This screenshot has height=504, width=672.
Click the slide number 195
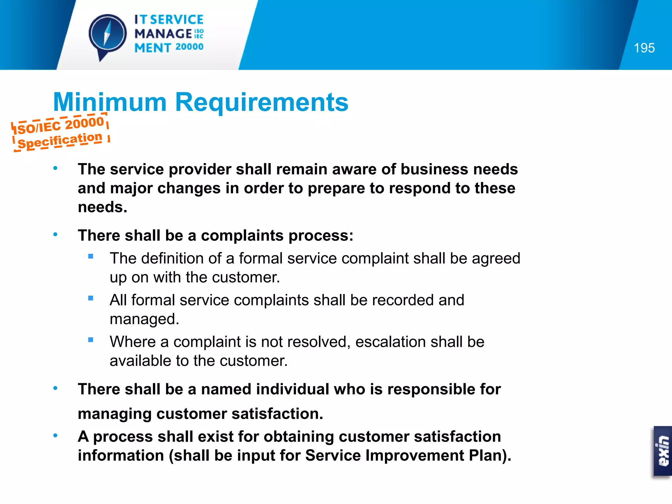click(x=644, y=48)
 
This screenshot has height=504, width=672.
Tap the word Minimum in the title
click(x=110, y=102)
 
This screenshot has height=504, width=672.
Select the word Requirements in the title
click(x=262, y=102)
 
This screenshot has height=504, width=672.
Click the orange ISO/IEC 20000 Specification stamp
click(x=60, y=133)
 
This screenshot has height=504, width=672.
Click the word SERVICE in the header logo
click(x=177, y=20)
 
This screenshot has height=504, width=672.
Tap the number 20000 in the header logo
click(x=189, y=47)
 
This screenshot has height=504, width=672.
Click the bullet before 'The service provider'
click(x=55, y=169)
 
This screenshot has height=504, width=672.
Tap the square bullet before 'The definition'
click(x=91, y=257)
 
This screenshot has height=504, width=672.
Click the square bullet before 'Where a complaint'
click(x=91, y=340)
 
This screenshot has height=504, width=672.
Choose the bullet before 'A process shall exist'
click(x=55, y=436)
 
